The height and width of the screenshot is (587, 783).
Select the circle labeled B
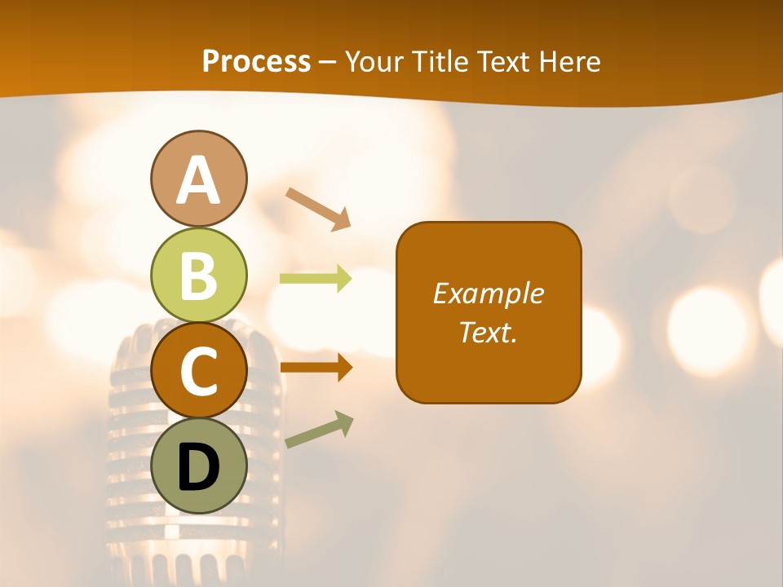[x=199, y=275]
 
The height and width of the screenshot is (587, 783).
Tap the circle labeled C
[x=199, y=370]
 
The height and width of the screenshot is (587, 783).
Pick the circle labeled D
[x=199, y=466]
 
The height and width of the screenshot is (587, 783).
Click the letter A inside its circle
[x=199, y=181]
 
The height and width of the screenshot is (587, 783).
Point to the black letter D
[x=199, y=468]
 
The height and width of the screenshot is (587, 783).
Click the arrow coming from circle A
[x=318, y=209]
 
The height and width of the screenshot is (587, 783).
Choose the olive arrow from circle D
[x=319, y=430]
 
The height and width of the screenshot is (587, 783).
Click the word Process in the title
[x=256, y=62]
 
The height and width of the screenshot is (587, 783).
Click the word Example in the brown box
[x=488, y=293]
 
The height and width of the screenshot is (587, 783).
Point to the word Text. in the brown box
[x=488, y=332]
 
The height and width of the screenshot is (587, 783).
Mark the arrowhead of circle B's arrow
[x=343, y=279]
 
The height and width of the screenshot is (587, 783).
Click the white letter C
[x=199, y=372]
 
